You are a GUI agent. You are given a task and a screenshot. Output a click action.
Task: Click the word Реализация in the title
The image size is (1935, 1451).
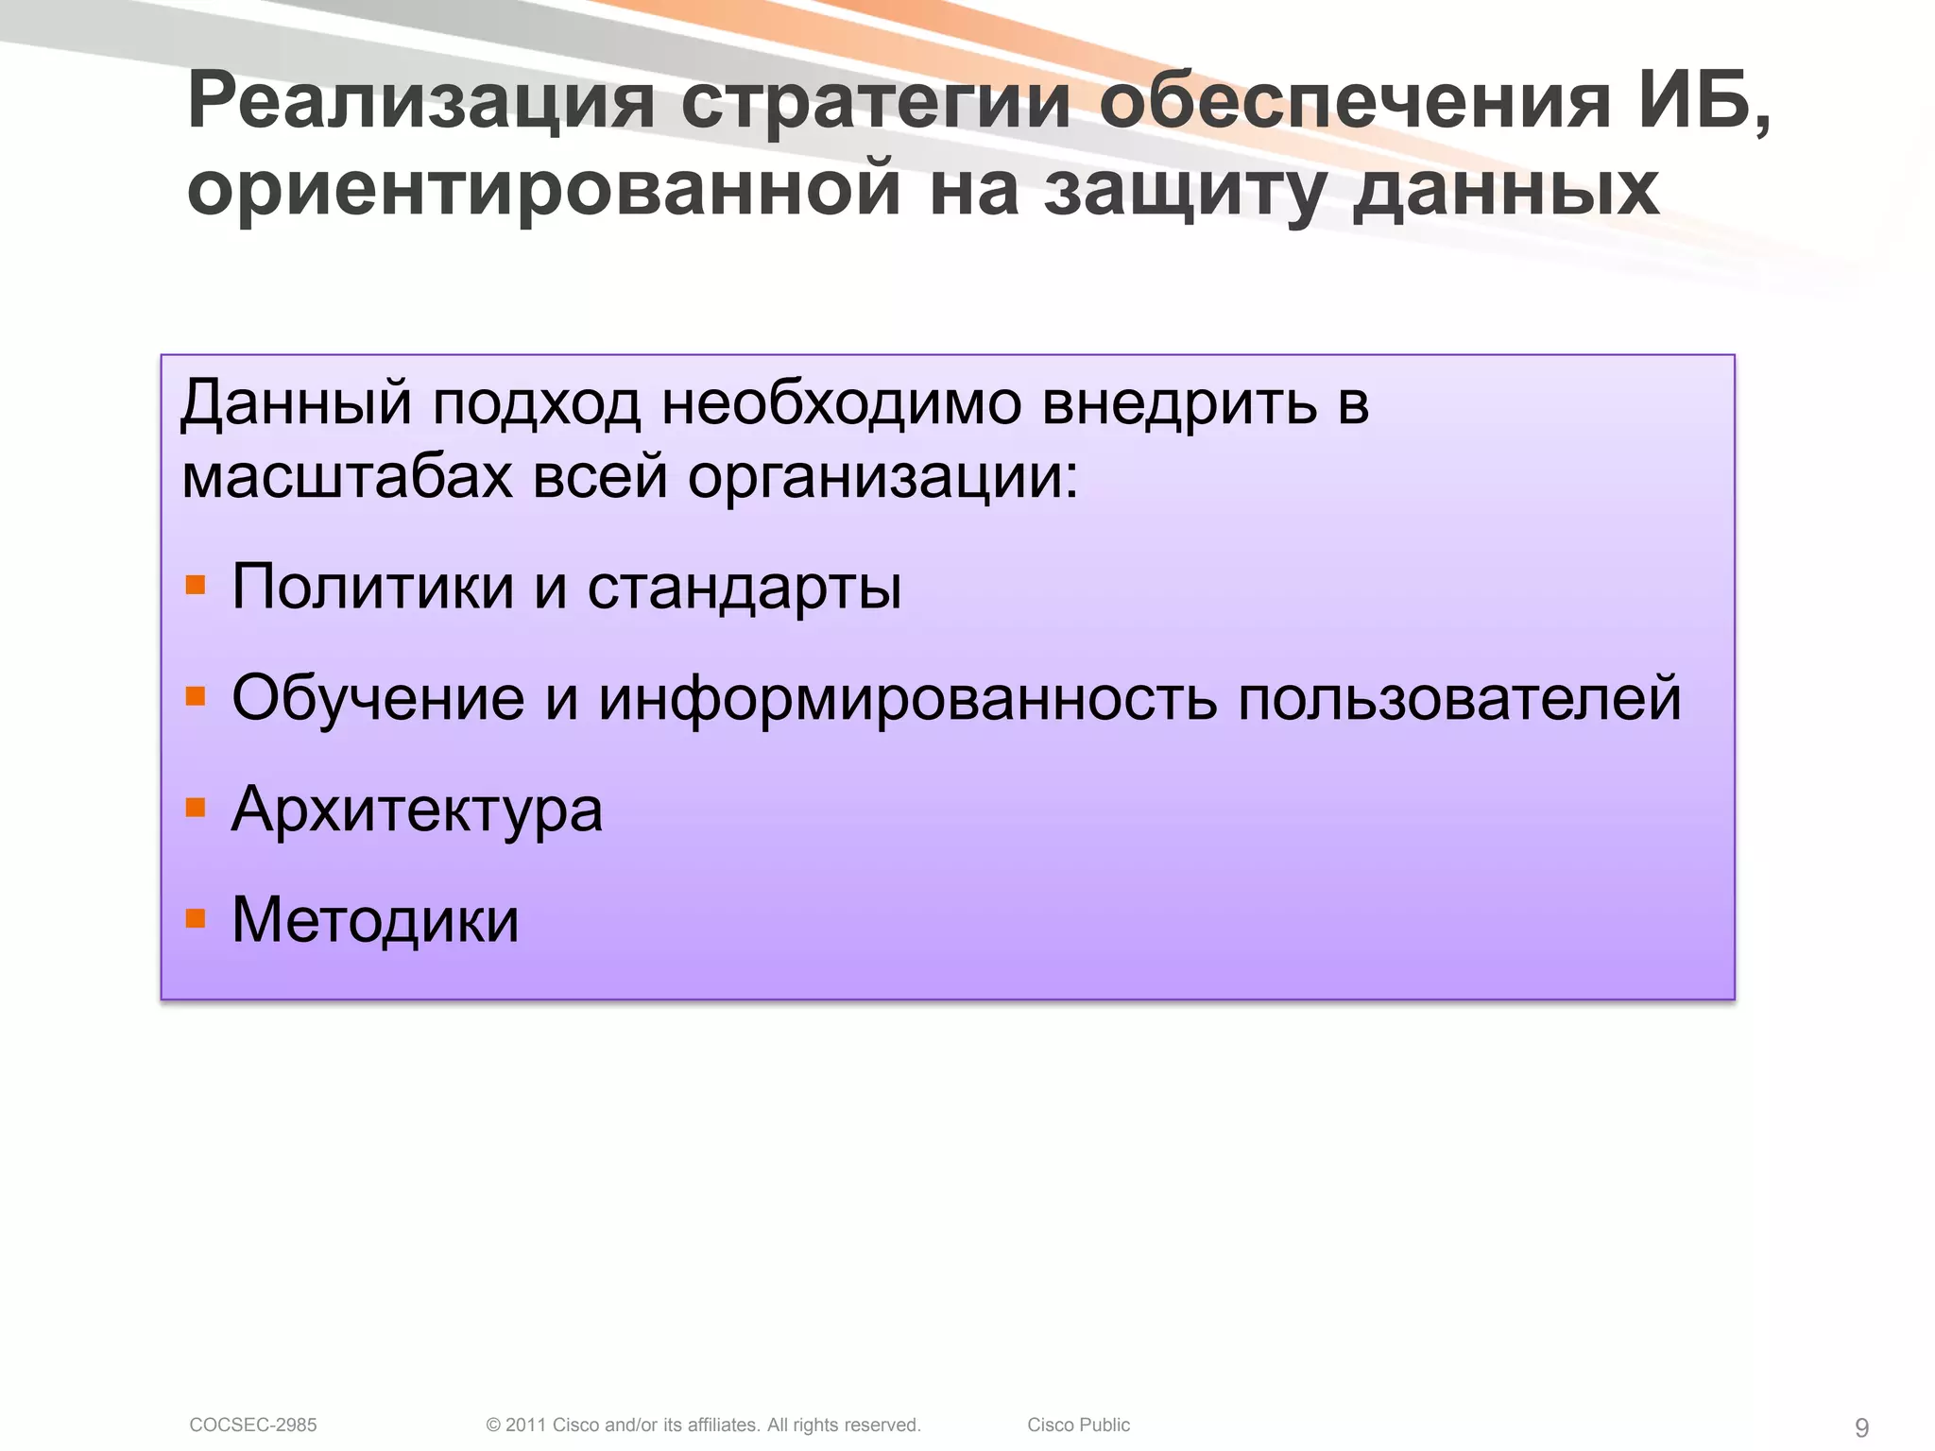[421, 102]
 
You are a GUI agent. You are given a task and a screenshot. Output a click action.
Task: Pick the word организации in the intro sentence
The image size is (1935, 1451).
[882, 478]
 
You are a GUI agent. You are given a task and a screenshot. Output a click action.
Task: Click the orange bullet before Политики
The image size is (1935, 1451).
[196, 586]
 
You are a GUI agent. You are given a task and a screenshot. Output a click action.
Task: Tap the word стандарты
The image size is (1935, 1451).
[745, 588]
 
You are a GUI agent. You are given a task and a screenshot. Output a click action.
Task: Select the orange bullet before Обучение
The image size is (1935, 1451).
[196, 698]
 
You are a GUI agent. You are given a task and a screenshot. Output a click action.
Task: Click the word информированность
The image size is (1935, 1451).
[908, 700]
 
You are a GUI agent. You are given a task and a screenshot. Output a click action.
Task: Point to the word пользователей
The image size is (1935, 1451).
[1460, 700]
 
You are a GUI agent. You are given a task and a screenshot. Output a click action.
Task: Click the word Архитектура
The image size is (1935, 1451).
[417, 811]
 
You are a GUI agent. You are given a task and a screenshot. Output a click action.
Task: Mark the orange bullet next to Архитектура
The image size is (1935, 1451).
[196, 808]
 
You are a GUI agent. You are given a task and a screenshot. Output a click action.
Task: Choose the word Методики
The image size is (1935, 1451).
[375, 920]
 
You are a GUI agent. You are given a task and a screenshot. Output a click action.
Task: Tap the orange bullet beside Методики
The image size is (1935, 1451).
[196, 918]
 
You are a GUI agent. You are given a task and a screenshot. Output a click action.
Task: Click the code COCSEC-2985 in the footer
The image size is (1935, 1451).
[253, 1425]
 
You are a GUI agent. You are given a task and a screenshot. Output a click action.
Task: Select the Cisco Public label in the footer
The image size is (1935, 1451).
[1078, 1425]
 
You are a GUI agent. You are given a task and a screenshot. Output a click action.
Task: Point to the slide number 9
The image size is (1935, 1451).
[1861, 1427]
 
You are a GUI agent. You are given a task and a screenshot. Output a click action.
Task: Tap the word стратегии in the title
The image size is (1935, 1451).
[875, 102]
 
